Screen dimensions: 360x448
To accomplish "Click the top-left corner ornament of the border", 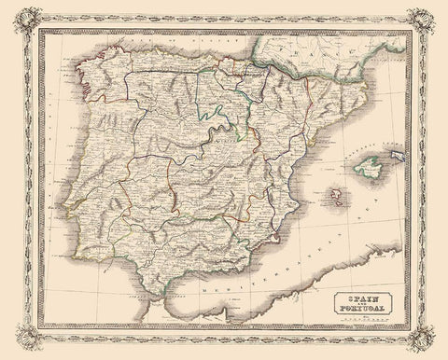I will pos(17,13).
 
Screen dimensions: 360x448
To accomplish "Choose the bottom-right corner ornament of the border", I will pos(431,346).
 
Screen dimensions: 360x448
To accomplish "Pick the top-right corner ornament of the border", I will pos(431,13).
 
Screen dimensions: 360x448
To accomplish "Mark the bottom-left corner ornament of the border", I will pos(17,346).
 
